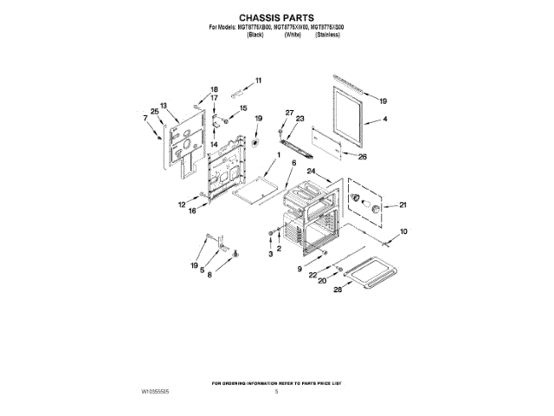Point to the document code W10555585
[x=155, y=393]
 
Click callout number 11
[x=257, y=81]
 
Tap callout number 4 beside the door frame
[x=384, y=119]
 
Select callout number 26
[x=363, y=157]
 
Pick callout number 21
[x=402, y=205]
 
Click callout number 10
[x=403, y=231]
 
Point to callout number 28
[x=338, y=290]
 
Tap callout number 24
[x=311, y=172]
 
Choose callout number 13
[x=163, y=106]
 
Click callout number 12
[x=183, y=205]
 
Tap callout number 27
[x=290, y=113]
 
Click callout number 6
[x=293, y=163]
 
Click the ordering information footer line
[x=277, y=382]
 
